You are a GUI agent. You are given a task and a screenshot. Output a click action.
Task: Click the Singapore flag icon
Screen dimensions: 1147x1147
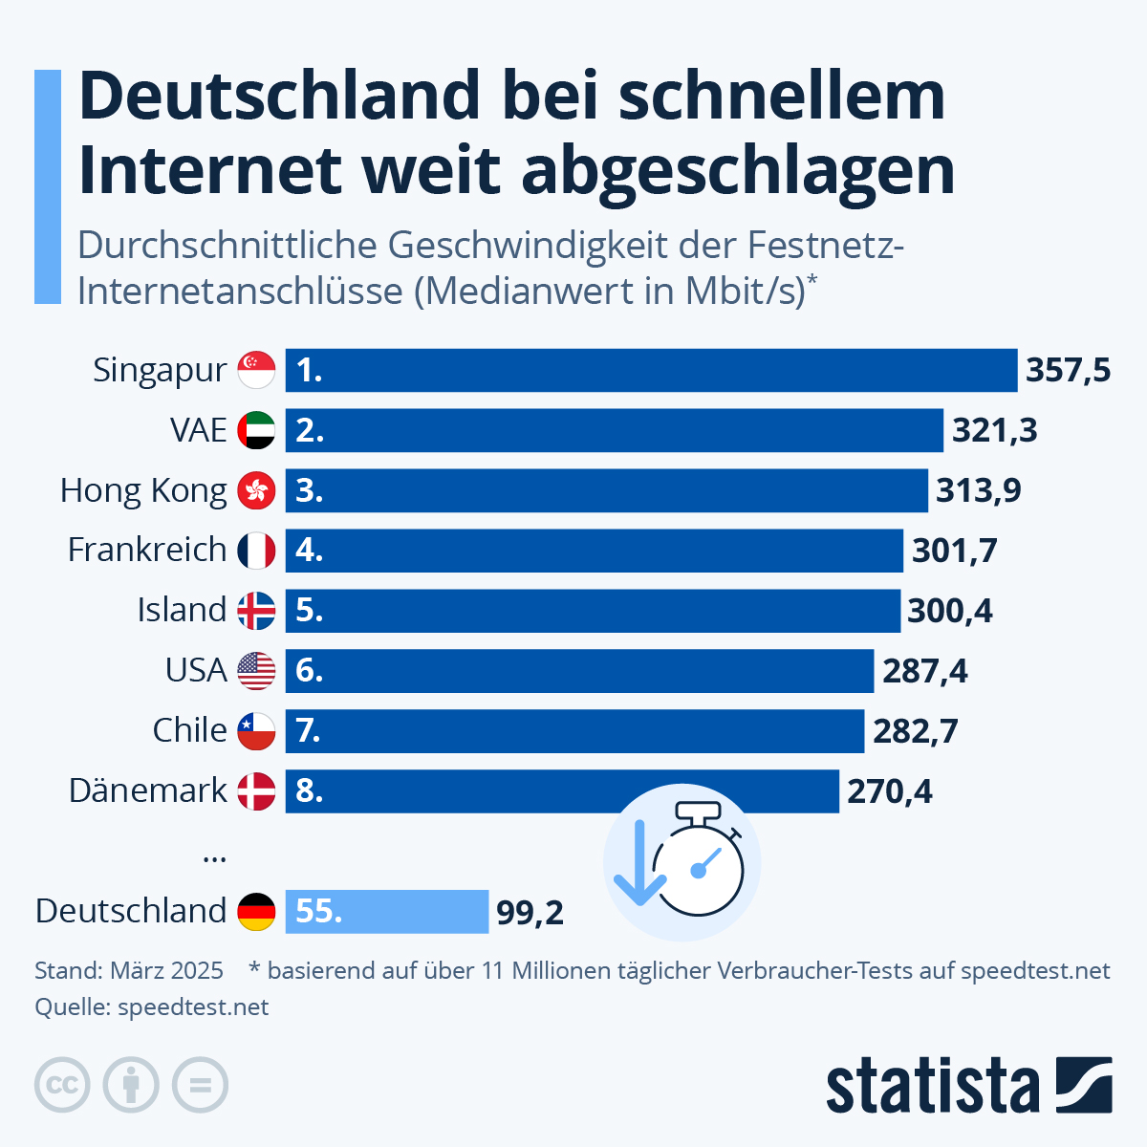[256, 370]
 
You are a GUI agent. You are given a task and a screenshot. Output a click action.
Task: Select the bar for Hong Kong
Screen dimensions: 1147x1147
[606, 490]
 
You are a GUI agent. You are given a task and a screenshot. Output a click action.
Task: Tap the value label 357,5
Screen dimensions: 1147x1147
[1068, 370]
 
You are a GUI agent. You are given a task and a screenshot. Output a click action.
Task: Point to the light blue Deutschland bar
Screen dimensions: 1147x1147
[386, 911]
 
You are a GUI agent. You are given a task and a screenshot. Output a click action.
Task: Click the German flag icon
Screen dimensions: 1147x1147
[256, 911]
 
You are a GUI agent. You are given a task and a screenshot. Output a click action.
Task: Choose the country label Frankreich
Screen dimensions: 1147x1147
[147, 550]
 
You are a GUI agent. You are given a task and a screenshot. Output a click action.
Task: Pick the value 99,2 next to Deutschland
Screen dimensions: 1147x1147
[530, 913]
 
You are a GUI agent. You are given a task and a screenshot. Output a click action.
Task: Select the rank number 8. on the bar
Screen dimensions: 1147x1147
[310, 790]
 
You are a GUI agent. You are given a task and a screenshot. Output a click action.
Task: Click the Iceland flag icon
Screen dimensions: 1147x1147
[256, 610]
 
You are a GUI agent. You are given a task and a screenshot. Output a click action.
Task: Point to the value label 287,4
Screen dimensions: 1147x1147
[924, 671]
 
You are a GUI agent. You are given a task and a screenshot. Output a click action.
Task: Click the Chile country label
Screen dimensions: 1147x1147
[189, 730]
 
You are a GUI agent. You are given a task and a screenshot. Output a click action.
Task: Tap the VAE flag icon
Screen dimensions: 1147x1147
[256, 430]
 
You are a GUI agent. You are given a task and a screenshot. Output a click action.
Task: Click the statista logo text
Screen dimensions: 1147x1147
[932, 1086]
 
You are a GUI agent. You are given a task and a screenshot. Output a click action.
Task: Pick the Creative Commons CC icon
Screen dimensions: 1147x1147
[62, 1086]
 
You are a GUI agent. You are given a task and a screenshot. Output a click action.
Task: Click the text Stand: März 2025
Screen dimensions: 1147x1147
[129, 971]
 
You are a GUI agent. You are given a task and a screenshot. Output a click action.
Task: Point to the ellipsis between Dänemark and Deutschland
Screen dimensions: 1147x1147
[215, 858]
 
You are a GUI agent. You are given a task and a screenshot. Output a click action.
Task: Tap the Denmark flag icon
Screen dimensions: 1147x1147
[256, 790]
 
